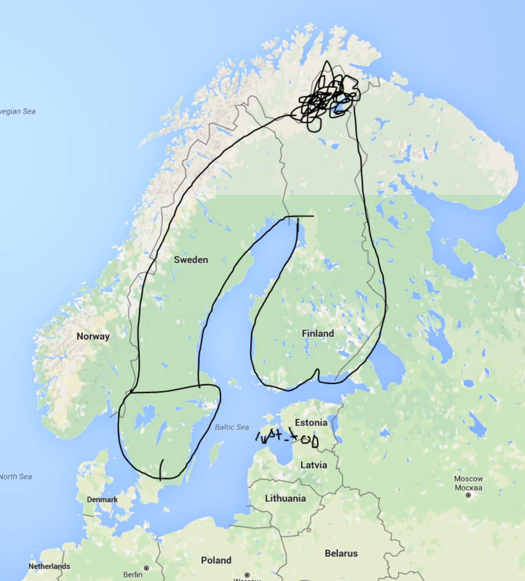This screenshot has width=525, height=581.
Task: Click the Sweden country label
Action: pyautogui.click(x=191, y=260)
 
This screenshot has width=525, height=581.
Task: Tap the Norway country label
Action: pyautogui.click(x=93, y=336)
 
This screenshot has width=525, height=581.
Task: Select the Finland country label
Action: pyautogui.click(x=318, y=334)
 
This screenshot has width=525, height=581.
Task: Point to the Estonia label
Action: pyautogui.click(x=311, y=423)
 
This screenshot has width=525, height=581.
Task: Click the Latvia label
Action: pyautogui.click(x=314, y=465)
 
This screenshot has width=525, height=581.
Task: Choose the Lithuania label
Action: pyautogui.click(x=285, y=499)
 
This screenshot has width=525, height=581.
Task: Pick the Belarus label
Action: pyautogui.click(x=341, y=554)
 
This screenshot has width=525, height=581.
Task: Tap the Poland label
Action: pyautogui.click(x=216, y=560)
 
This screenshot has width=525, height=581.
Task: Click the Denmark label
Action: pyautogui.click(x=102, y=500)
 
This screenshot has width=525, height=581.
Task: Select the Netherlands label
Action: pyautogui.click(x=49, y=567)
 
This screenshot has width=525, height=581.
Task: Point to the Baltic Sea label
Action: pyautogui.click(x=232, y=428)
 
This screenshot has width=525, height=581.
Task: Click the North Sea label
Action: pyautogui.click(x=16, y=477)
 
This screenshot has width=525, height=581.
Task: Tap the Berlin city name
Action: pyautogui.click(x=133, y=575)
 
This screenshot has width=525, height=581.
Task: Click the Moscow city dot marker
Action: pyautogui.click(x=468, y=495)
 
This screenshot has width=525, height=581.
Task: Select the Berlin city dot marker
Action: pyautogui.click(x=146, y=568)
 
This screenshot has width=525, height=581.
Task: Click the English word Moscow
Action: pyautogui.click(x=468, y=479)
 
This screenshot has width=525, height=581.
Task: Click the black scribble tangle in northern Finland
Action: pyautogui.click(x=328, y=98)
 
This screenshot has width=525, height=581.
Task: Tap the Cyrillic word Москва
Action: pyautogui.click(x=468, y=488)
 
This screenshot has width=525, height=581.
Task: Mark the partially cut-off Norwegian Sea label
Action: pyautogui.click(x=17, y=112)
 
